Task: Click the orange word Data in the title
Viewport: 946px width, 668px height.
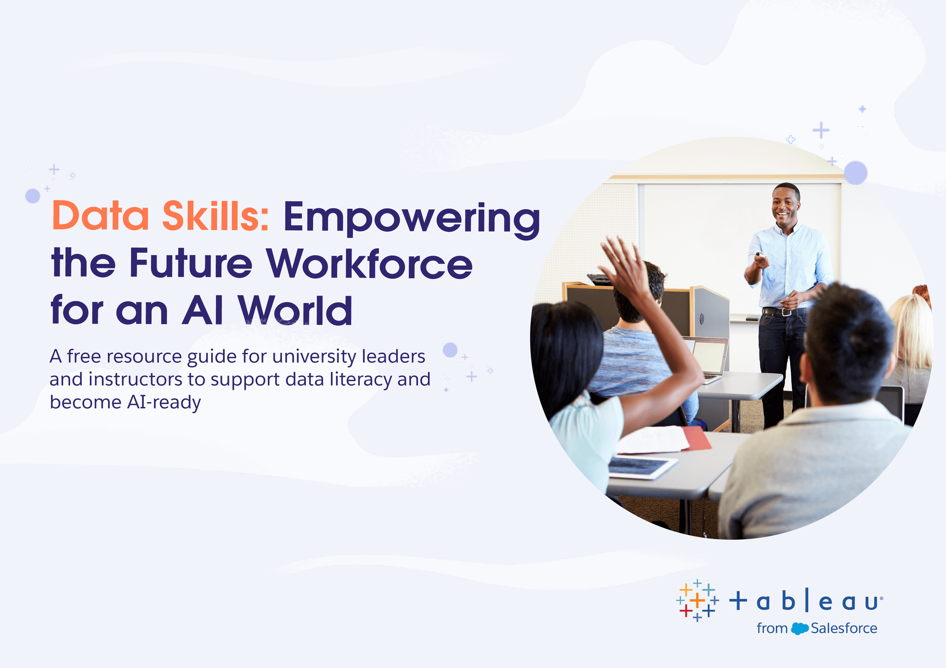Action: tap(101, 216)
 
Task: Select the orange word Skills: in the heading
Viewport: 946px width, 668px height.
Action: tap(216, 215)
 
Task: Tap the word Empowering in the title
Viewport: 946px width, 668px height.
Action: tap(412, 218)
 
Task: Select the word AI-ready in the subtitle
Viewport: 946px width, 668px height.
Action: tap(164, 403)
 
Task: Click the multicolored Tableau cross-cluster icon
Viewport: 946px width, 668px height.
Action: tap(698, 600)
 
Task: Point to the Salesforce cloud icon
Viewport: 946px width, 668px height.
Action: tap(799, 629)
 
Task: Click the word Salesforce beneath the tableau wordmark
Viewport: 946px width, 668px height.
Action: tap(844, 628)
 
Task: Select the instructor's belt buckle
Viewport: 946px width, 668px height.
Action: tap(786, 312)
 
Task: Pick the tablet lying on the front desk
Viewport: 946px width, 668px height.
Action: tap(642, 467)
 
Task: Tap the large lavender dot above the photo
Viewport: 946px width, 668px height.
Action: tap(856, 173)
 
